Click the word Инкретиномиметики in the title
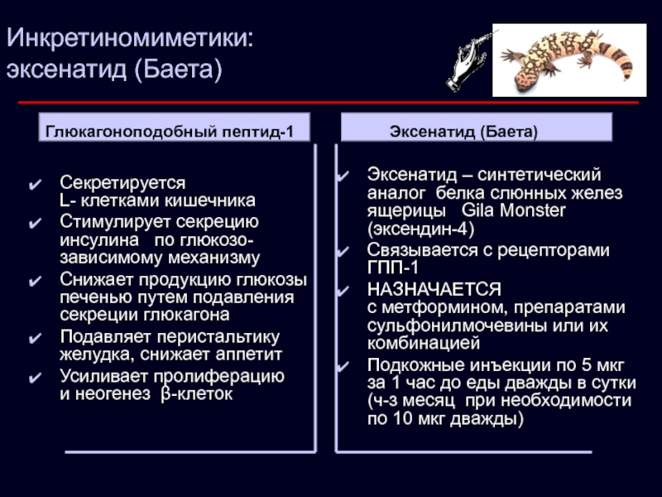(127, 38)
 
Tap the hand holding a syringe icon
(469, 61)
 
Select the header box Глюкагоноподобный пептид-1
(175, 128)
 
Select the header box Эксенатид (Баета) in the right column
(477, 128)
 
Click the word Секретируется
(122, 183)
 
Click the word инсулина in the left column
(99, 240)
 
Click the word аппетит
(248, 355)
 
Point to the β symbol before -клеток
(166, 395)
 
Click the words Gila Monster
(513, 210)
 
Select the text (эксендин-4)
(421, 229)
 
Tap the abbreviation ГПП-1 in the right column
(392, 268)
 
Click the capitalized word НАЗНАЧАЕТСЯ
(434, 289)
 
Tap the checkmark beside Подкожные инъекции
(343, 366)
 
